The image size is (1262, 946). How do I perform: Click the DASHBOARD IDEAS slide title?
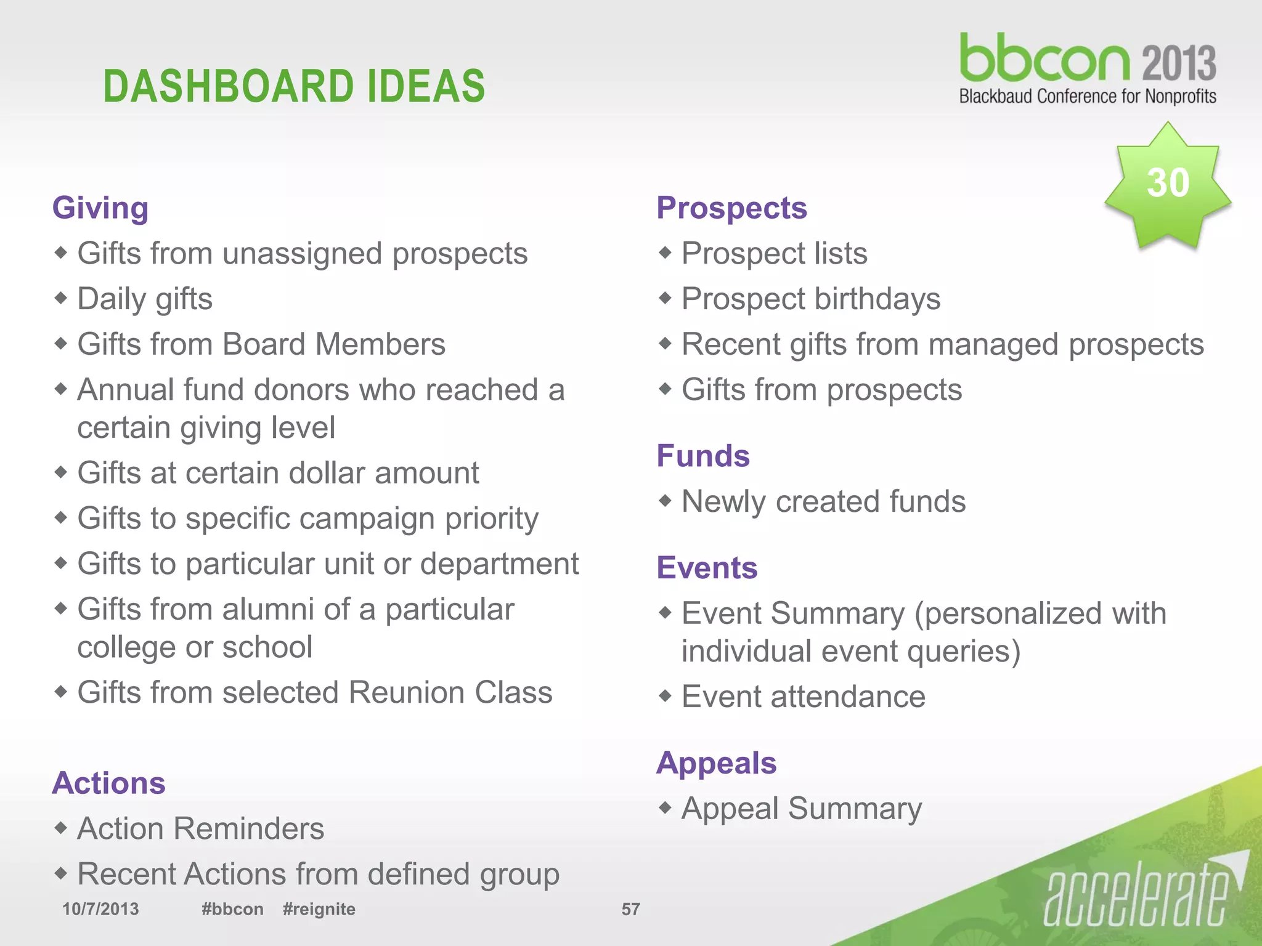pos(294,86)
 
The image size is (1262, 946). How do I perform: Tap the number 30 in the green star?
pos(1167,183)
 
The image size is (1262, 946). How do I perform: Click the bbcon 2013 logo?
pos(1087,68)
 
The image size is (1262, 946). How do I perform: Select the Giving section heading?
pos(100,208)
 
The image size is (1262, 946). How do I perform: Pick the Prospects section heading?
pos(731,208)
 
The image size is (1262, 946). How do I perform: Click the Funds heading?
pos(703,456)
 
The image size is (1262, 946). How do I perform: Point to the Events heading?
pos(707,567)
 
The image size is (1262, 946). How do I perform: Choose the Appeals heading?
pos(716,763)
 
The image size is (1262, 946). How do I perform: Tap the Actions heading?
pos(109,783)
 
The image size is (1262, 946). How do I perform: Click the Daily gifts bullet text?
pos(145,299)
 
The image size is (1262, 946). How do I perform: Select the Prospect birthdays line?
pos(811,299)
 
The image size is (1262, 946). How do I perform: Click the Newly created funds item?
pos(823,501)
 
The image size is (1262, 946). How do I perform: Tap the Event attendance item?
pos(804,697)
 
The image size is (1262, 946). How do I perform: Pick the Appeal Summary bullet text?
pos(802,809)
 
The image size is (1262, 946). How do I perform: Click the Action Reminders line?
pos(201,828)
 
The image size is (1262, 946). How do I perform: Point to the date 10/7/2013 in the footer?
pos(100,909)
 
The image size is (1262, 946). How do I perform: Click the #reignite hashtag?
pos(319,909)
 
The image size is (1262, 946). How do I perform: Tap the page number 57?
pos(630,909)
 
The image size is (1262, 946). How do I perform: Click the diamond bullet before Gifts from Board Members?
pos(60,344)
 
